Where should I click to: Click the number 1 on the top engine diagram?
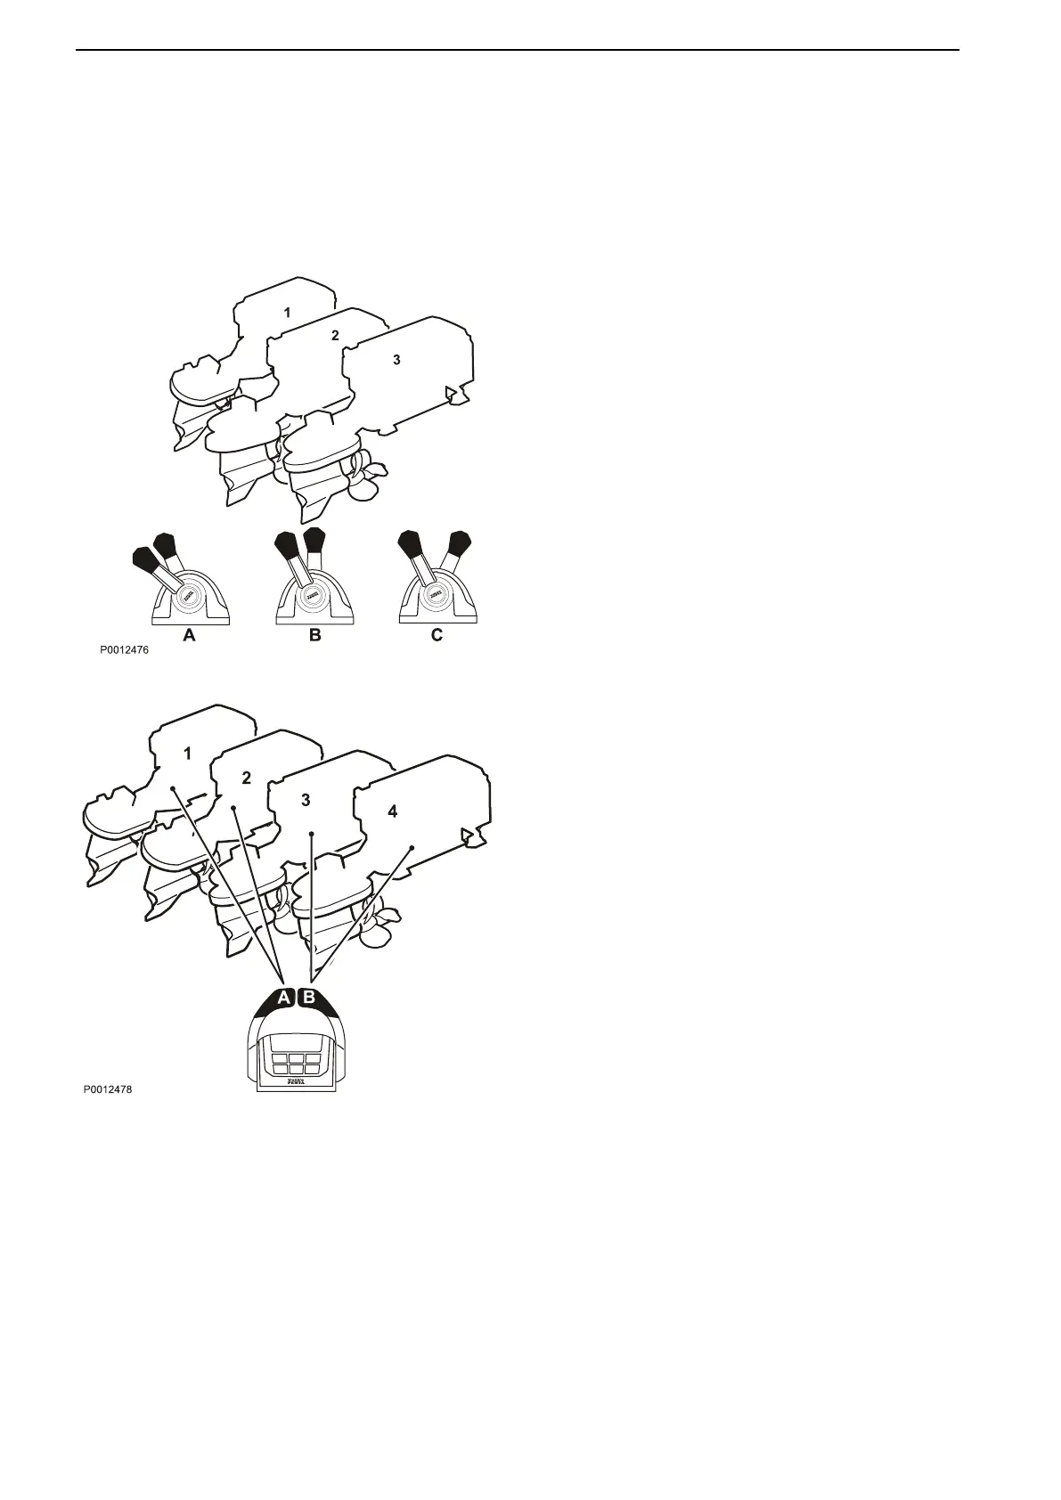point(287,313)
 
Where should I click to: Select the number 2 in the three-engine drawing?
point(335,336)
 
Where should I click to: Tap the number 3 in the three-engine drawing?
point(396,360)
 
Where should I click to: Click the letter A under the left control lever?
point(188,636)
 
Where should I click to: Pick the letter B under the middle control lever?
point(314,636)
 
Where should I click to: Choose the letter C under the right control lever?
point(437,636)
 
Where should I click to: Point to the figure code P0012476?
point(124,650)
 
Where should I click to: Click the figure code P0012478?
point(108,1088)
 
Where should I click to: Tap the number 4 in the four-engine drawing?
point(393,811)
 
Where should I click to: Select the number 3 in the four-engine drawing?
point(306,800)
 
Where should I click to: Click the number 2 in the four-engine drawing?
point(247,777)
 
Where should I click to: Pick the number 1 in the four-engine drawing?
point(187,754)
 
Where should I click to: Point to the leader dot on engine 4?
point(412,847)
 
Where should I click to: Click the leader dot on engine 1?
point(172,788)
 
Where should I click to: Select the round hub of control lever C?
point(435,595)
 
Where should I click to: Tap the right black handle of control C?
point(459,542)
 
